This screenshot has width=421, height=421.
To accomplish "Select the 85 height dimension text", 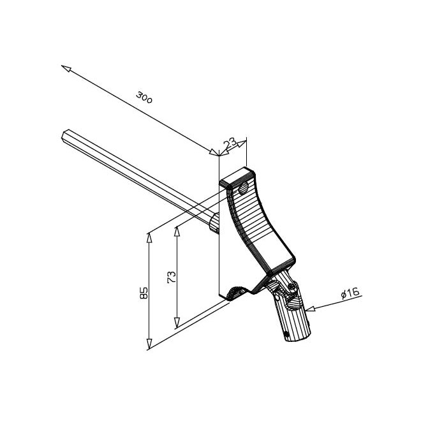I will coord(144,293).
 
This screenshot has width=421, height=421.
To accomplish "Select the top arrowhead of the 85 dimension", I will coord(150,237).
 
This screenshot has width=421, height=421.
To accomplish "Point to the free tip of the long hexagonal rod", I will coord(67,135).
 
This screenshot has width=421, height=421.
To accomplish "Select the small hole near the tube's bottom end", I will coord(286,334).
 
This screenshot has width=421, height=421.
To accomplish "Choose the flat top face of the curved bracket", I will coord(239,177).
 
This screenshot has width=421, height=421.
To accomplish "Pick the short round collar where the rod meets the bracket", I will coord(215,222).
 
